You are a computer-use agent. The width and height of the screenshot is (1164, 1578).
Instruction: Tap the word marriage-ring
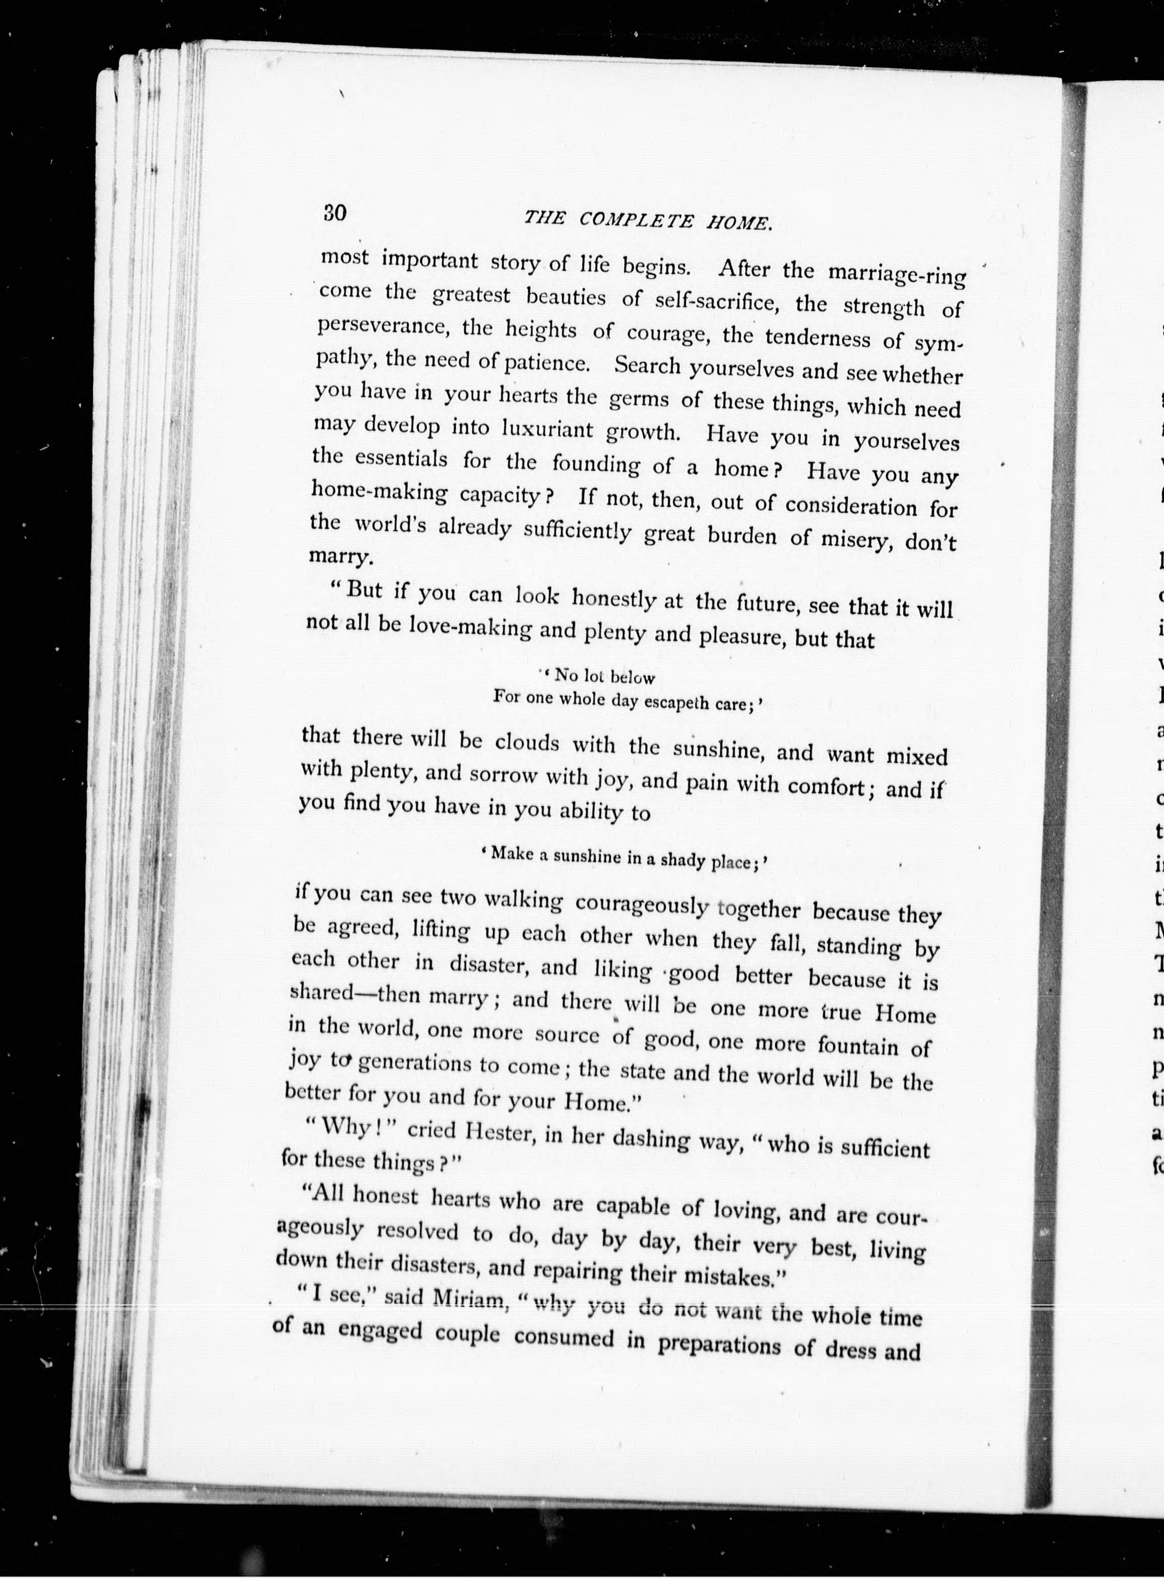896,273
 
